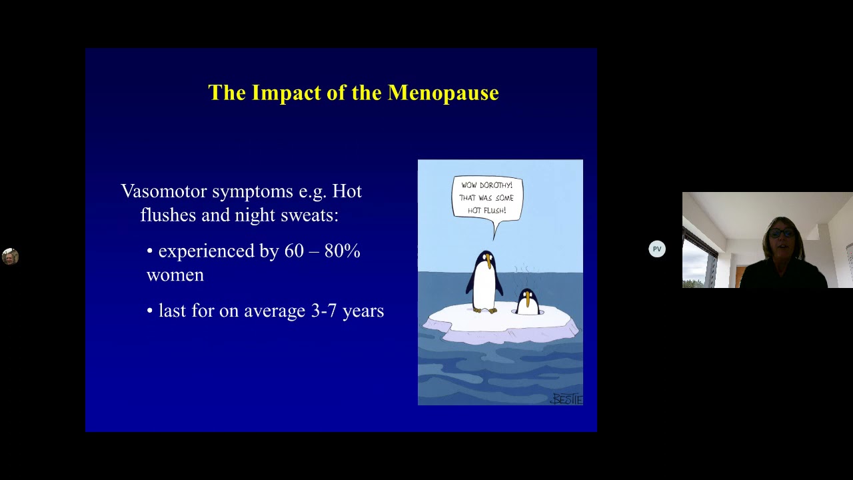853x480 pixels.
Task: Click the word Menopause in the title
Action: (x=443, y=93)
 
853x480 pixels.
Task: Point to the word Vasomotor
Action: (x=163, y=192)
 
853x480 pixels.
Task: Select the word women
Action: (x=175, y=275)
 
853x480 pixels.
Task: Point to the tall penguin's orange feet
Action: (x=486, y=309)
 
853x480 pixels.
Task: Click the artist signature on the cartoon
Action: (x=566, y=399)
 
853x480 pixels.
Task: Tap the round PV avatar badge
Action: (x=657, y=249)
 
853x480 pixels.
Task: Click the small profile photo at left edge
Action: (x=9, y=257)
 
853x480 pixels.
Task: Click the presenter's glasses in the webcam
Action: (x=782, y=233)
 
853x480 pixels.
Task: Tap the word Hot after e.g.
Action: (x=347, y=192)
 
